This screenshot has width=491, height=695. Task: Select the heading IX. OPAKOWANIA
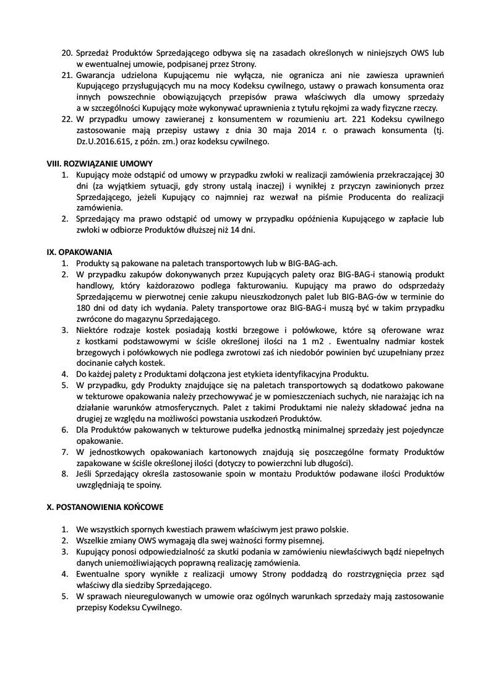coord(80,252)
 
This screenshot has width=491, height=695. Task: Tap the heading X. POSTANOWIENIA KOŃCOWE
coord(105,507)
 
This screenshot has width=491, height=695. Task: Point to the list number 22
coord(67,119)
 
